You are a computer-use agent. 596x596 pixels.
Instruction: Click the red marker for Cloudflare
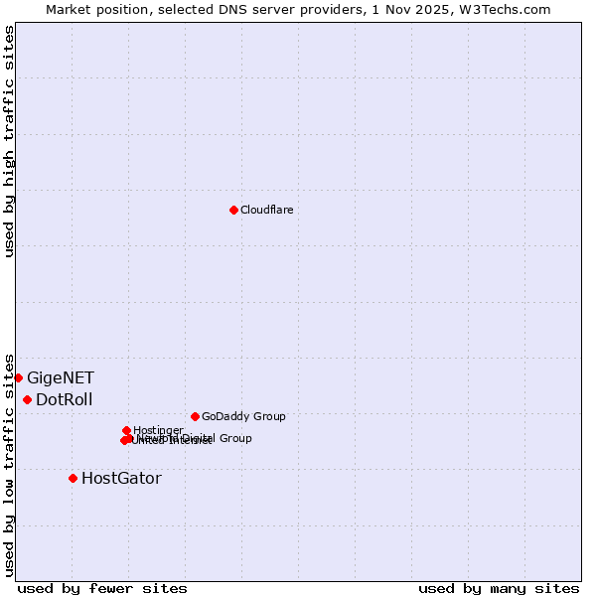pos(233,210)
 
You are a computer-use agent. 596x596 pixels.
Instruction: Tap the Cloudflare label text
pos(266,210)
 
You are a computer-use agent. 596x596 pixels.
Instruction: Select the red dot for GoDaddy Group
pos(195,416)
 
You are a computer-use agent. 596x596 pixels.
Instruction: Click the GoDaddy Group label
pos(243,416)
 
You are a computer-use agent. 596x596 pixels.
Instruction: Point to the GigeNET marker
pos(18,377)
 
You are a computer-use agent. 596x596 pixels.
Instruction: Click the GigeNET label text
pos(61,377)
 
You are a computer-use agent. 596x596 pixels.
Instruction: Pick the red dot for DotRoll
pos(27,399)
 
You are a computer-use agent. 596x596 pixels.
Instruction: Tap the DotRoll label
pos(65,400)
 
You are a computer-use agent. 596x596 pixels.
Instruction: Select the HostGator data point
pos(73,478)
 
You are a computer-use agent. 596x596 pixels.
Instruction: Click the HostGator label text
pos(121,478)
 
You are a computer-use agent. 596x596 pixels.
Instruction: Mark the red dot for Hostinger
pos(126,430)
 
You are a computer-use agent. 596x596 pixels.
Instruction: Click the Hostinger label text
pos(158,430)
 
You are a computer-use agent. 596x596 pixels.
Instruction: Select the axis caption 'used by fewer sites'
pos(102,588)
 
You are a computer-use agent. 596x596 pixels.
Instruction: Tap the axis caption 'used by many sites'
pos(499,588)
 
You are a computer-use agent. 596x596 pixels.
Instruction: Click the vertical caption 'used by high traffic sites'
pos(9,142)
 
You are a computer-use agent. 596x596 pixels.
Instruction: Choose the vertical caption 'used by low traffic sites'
pos(9,464)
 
